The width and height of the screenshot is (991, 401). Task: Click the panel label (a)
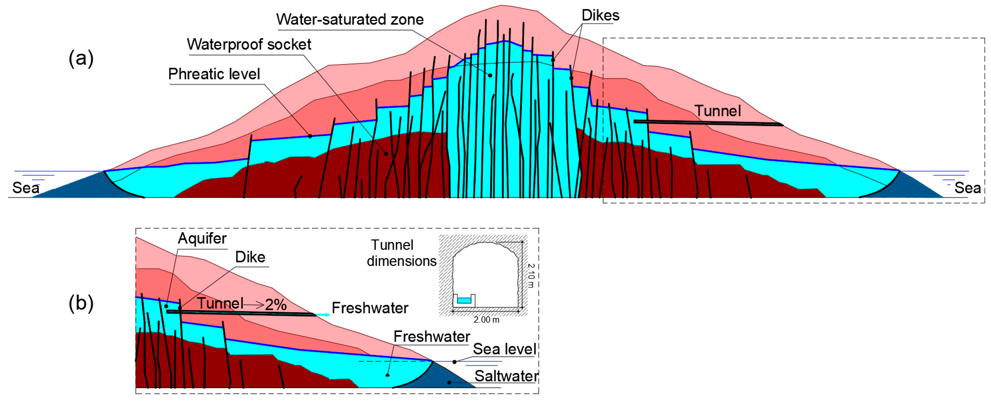pyautogui.click(x=81, y=59)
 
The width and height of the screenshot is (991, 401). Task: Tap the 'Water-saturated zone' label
pyautogui.click(x=350, y=19)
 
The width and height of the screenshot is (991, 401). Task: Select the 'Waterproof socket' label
pyautogui.click(x=249, y=44)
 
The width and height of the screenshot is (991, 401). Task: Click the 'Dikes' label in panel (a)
pyautogui.click(x=600, y=15)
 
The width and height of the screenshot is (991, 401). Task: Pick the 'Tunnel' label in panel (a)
pyautogui.click(x=718, y=111)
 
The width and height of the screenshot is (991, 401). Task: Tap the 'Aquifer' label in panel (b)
pyautogui.click(x=202, y=238)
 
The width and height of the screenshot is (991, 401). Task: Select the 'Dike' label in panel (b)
pyautogui.click(x=250, y=257)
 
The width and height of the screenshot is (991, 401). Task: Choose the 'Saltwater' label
pyautogui.click(x=506, y=376)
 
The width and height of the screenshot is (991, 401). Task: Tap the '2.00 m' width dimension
pyautogui.click(x=486, y=320)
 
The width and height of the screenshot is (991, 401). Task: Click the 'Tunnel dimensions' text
pyautogui.click(x=401, y=253)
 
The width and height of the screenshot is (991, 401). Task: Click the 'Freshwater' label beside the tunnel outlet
pyautogui.click(x=370, y=308)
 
